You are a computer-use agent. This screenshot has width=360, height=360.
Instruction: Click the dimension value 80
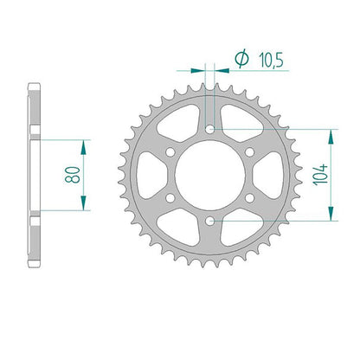coord(72,175)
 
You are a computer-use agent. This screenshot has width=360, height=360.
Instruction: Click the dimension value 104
coord(320,175)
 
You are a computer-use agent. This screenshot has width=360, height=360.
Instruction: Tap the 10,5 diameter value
coord(272,60)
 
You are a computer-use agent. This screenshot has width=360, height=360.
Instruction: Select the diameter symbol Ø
coord(241,59)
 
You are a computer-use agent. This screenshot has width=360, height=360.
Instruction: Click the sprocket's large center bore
coord(210,175)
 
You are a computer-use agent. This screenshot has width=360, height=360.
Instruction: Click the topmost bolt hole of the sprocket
coord(209,129)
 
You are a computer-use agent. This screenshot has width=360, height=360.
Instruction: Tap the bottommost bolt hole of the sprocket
coord(209,222)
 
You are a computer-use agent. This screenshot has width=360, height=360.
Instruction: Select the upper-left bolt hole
coord(170,152)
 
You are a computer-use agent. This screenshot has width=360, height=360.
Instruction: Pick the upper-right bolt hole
coord(250,152)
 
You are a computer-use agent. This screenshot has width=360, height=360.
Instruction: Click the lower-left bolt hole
coord(170,198)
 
